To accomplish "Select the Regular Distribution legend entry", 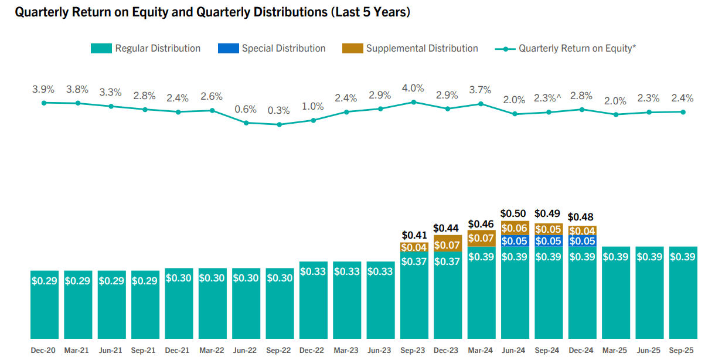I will click(x=146, y=49).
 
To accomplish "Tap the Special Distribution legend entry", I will click(x=272, y=49).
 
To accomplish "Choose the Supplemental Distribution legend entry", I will click(x=410, y=49).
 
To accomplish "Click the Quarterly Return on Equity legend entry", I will click(x=566, y=49).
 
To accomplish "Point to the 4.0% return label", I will click(x=413, y=88).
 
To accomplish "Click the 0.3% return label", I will click(x=279, y=110).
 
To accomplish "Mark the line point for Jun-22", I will click(x=246, y=123).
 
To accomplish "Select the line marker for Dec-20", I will click(x=44, y=103).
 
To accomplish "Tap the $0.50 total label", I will click(x=514, y=214).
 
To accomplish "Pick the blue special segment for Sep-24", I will click(x=549, y=241).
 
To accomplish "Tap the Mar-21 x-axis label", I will click(x=77, y=351).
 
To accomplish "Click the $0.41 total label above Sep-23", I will click(x=414, y=236).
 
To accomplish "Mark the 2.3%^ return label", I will click(x=547, y=99).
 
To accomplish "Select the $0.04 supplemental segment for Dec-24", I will click(x=582, y=231).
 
